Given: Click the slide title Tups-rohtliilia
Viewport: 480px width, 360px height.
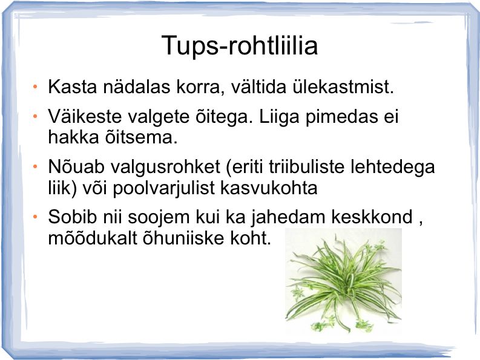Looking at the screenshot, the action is [x=240, y=46].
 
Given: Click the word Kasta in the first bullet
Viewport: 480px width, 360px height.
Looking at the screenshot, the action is [x=72, y=87].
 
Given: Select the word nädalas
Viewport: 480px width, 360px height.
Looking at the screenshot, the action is [x=137, y=87].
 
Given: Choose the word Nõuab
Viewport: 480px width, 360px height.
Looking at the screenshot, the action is [x=76, y=166].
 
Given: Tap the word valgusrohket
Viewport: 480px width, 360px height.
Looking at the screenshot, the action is [x=165, y=167].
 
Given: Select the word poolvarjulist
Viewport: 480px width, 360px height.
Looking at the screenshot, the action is [x=164, y=188].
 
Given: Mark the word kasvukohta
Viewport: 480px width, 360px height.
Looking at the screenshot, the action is [x=269, y=188].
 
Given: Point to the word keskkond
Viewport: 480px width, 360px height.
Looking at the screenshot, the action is [x=372, y=217].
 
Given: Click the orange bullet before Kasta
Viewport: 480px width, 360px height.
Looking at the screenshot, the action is [x=35, y=87].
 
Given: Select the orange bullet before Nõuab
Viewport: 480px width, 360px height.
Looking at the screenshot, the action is [x=35, y=167].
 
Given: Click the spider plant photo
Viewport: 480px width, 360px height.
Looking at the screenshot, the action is [x=343, y=280].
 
